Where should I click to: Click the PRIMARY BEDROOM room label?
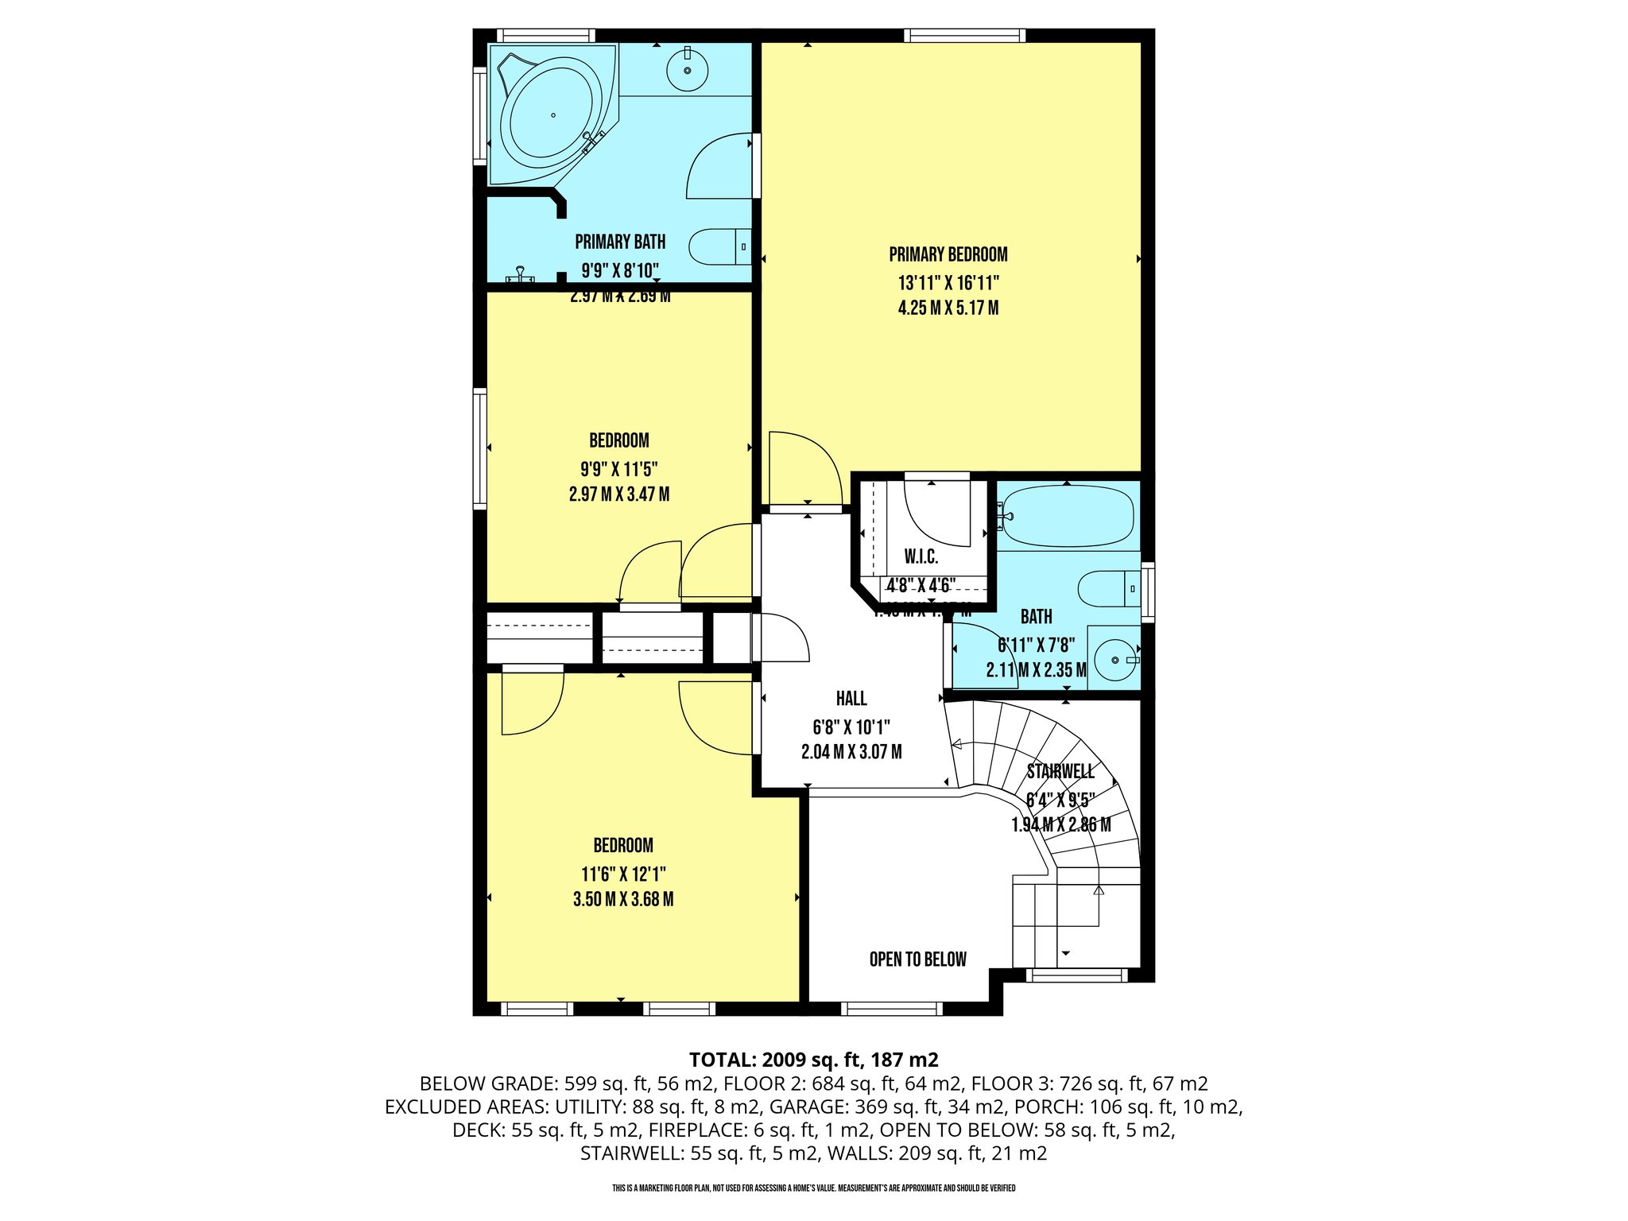click(948, 254)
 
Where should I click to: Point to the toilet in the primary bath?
click(719, 246)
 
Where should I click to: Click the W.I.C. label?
click(921, 556)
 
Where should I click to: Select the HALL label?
click(851, 699)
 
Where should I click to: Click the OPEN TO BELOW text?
click(917, 959)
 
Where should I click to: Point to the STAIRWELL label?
click(1060, 771)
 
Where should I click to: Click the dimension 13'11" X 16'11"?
click(948, 283)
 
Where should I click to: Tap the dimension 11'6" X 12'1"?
click(623, 874)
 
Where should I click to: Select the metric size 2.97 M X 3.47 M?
click(618, 494)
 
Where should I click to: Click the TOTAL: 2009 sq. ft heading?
click(813, 1060)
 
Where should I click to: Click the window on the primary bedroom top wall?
click(963, 35)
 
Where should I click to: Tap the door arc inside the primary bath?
click(718, 167)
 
